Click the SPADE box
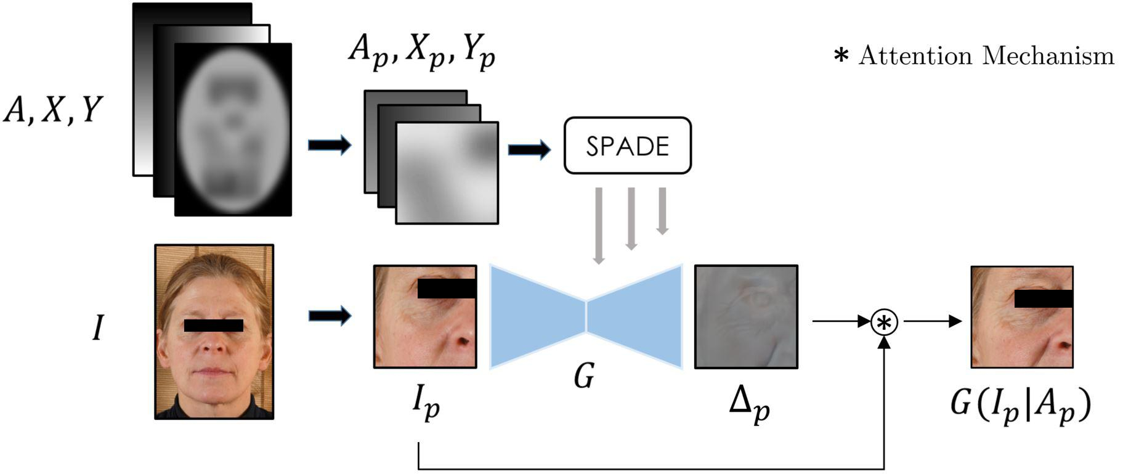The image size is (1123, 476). tap(627, 146)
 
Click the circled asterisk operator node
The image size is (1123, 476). tap(884, 322)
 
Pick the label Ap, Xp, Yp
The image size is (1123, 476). tap(421, 52)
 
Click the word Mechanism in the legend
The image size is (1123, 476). tap(1048, 55)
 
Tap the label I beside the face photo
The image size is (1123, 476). tap(97, 327)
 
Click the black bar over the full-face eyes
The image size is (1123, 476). tap(213, 326)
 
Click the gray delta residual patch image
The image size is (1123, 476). tap(746, 317)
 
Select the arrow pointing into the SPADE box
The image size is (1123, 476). tap(529, 149)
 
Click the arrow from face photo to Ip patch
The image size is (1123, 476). tap(330, 316)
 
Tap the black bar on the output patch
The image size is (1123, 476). tap(1043, 298)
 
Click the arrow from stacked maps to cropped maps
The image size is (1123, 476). tap(330, 146)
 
